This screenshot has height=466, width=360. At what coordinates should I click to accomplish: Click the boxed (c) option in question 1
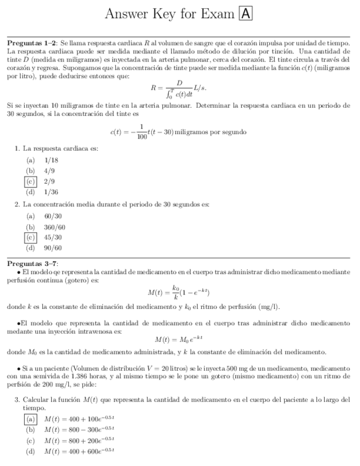[x=31, y=181]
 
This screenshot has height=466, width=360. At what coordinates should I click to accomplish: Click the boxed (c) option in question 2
[x=31, y=237]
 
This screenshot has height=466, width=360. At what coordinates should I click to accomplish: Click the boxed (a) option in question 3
[x=31, y=419]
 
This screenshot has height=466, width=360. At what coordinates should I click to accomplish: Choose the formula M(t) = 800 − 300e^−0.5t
[x=79, y=430]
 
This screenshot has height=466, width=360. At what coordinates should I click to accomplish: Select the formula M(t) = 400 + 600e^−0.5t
[x=79, y=452]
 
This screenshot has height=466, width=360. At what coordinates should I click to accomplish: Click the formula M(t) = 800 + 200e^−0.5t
[x=79, y=441]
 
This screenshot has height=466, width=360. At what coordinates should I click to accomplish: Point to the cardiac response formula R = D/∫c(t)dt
[x=179, y=87]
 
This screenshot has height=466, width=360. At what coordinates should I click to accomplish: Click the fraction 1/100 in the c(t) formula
[x=142, y=132]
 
